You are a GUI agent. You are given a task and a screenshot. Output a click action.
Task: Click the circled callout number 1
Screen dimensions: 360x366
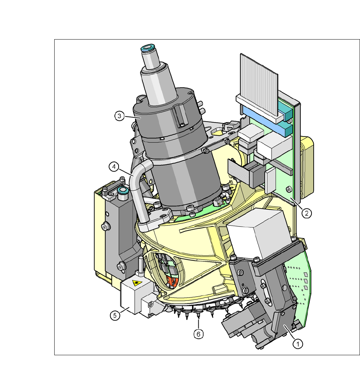(x=297, y=344)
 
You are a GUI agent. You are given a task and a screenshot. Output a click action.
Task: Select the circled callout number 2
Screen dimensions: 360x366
(x=306, y=213)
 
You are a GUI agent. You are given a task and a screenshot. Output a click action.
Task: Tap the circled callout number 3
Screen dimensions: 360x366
(x=119, y=116)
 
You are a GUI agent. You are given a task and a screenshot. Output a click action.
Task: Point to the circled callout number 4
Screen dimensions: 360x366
(x=114, y=167)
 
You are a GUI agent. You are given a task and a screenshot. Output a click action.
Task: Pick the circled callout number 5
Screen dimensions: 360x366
(x=115, y=316)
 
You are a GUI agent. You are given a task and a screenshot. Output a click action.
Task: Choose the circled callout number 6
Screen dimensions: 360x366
(x=198, y=334)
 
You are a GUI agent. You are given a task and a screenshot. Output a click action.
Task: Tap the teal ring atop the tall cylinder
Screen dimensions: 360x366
(x=148, y=48)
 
